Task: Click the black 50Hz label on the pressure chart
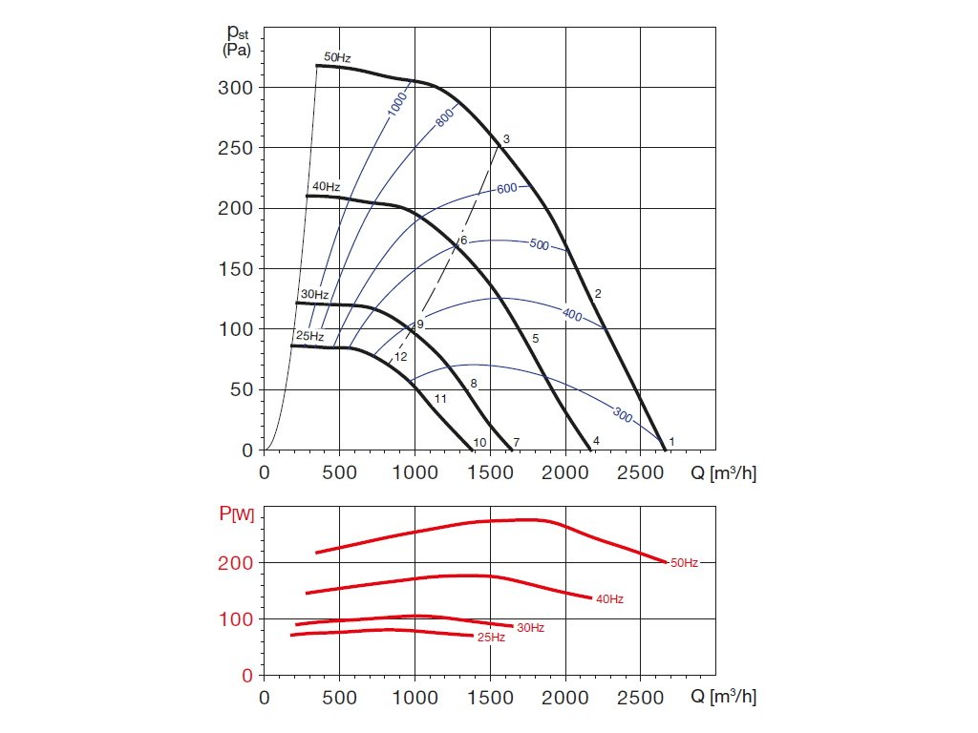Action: [337, 58]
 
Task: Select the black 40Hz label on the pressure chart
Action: [326, 187]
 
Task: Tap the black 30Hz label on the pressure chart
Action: [314, 295]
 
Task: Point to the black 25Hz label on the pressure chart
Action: [309, 337]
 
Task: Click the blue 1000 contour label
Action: [397, 104]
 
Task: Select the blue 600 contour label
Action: [507, 188]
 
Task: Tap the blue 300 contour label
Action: [624, 414]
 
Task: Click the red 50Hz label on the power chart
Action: [684, 563]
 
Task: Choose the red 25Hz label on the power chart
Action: [491, 637]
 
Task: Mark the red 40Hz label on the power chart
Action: [609, 599]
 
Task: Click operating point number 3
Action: [506, 139]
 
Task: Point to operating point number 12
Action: [401, 356]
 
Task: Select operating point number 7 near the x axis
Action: [516, 442]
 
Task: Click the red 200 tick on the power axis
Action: [239, 563]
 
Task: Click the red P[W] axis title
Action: [236, 515]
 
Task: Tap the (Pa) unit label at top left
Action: [236, 51]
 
